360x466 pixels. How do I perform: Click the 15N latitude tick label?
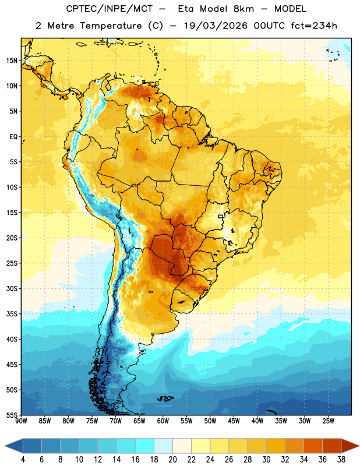point(11,61)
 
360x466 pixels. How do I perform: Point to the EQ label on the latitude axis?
point(13,137)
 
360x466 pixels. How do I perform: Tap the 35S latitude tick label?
point(11,314)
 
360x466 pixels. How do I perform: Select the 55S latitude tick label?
point(11,415)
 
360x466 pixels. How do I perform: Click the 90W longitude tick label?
point(21,421)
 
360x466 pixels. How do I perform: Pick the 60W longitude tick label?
point(163,421)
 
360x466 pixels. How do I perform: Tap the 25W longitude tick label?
point(328,421)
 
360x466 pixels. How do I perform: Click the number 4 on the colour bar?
point(23,460)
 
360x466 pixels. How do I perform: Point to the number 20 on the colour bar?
point(172,460)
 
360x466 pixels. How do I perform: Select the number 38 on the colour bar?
point(341,460)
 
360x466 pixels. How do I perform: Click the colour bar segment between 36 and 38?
point(332,446)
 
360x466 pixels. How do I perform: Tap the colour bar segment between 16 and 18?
point(145,446)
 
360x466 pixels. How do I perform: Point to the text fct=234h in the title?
point(314,26)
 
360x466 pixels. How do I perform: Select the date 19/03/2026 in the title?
point(216,26)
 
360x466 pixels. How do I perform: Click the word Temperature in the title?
point(111,26)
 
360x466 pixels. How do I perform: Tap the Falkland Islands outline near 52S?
point(165,398)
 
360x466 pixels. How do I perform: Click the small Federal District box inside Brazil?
point(221,216)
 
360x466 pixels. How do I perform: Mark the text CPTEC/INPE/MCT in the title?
point(110,9)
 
